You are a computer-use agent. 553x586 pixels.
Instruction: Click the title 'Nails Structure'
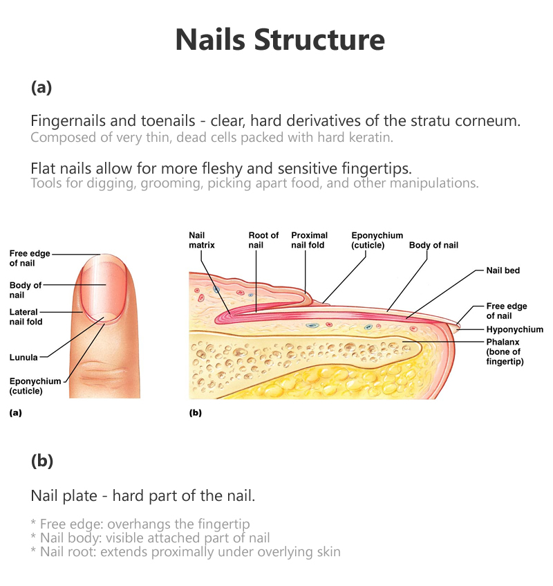click(279, 40)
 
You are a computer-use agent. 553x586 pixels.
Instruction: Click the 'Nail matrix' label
click(201, 240)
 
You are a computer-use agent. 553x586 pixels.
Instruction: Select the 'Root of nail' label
click(263, 240)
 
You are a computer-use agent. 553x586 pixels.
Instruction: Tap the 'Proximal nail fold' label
click(309, 240)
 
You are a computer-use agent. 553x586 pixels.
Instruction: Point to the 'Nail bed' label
click(502, 271)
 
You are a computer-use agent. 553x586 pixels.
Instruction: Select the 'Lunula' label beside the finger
click(24, 358)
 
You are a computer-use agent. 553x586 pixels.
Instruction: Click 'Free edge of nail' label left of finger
click(29, 258)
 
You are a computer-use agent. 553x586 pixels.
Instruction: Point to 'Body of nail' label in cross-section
click(433, 245)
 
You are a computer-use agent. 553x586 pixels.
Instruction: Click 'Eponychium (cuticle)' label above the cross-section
click(377, 240)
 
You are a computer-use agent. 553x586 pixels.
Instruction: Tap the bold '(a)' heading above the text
click(41, 87)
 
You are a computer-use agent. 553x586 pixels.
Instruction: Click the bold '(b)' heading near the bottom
click(41, 461)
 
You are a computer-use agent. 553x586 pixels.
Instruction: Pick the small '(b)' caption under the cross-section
click(196, 413)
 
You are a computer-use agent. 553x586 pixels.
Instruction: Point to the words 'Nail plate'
click(62, 496)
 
